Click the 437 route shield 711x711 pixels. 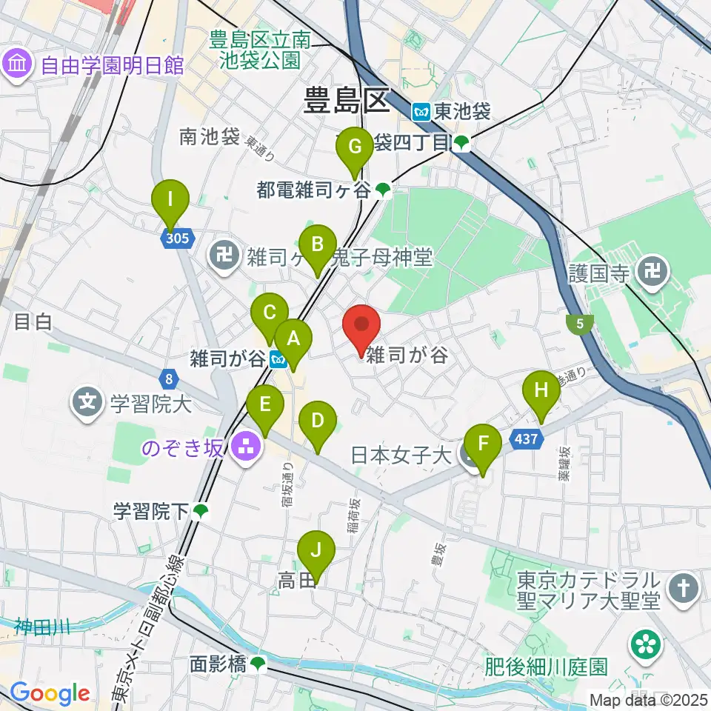525,439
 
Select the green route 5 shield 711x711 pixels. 578,324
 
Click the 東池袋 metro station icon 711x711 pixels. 421,112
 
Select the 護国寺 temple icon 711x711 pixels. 652,272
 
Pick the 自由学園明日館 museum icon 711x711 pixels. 18,65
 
